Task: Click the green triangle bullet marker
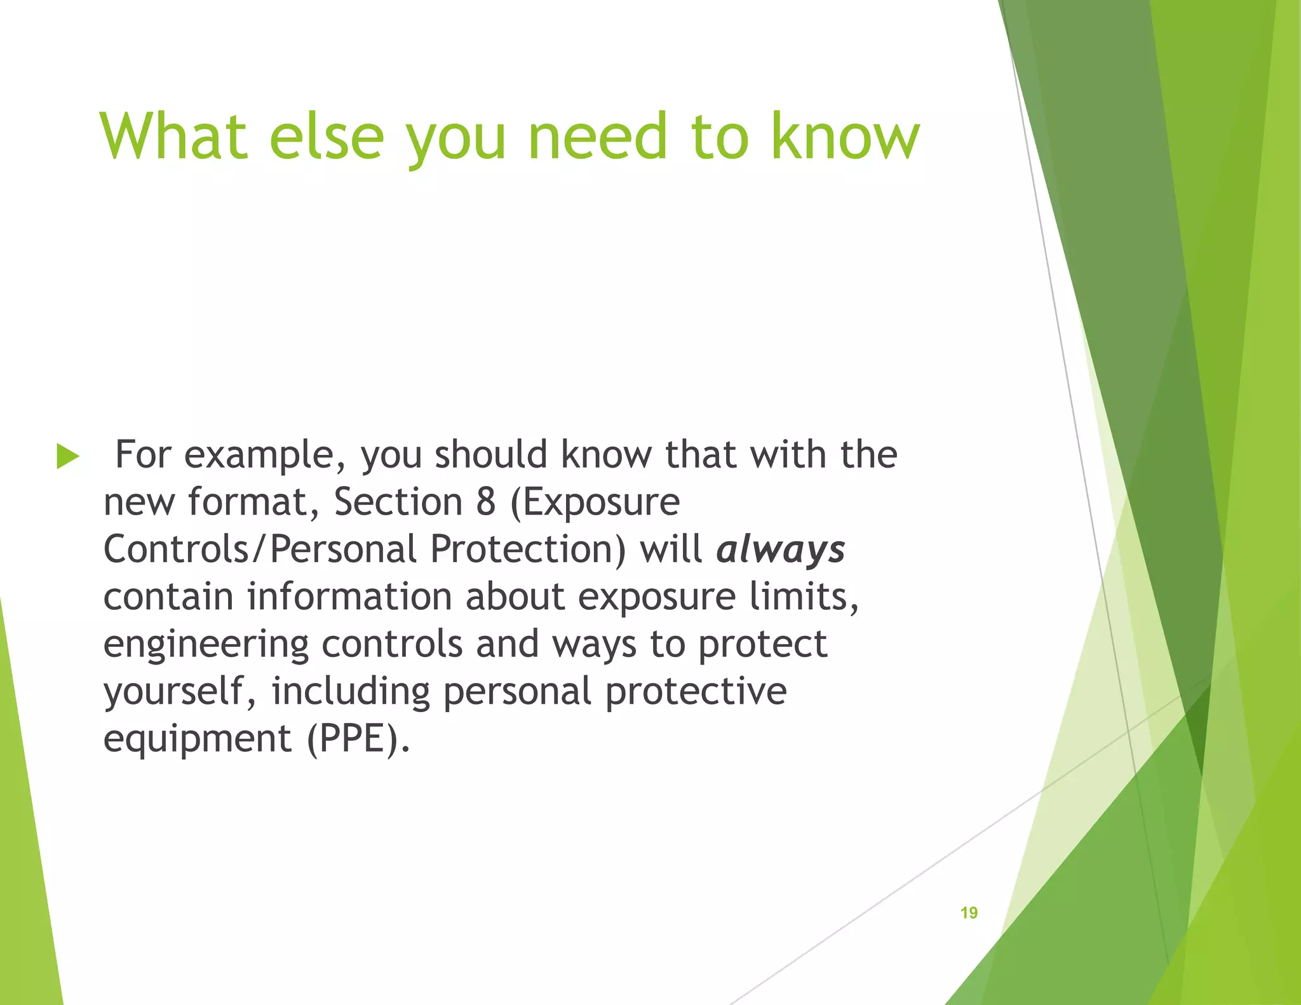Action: click(x=67, y=456)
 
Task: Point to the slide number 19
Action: click(x=969, y=913)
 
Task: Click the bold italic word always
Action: click(x=781, y=550)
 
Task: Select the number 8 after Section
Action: click(x=485, y=502)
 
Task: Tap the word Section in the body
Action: click(x=398, y=502)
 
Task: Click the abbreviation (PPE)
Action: click(x=358, y=738)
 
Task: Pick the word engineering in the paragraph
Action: click(x=206, y=645)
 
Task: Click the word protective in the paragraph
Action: click(x=696, y=691)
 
